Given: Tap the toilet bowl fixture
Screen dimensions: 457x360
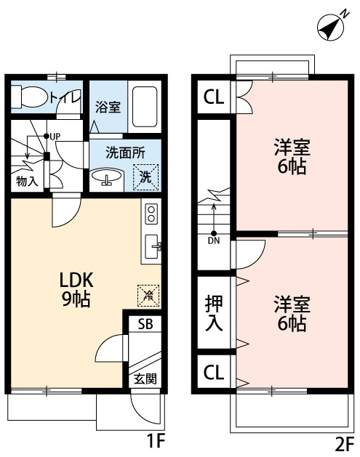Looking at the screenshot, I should tap(30, 96).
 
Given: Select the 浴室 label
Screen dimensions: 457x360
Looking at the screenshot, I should tap(108, 107).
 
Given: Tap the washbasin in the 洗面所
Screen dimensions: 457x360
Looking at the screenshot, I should tap(107, 177).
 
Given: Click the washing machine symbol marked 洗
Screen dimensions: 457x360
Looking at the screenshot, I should tap(145, 175).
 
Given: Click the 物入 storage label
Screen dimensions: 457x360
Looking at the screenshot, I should tap(28, 180).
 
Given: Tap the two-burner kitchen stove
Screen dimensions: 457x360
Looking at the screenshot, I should tap(152, 214).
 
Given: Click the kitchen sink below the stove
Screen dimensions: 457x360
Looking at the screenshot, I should tap(153, 246).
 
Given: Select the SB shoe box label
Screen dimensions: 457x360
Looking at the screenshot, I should tap(145, 325).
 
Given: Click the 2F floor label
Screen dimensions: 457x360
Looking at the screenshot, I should tap(343, 442).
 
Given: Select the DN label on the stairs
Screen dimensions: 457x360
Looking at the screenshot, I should tap(213, 240).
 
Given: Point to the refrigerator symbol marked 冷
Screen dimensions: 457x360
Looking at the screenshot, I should tap(148, 294).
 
